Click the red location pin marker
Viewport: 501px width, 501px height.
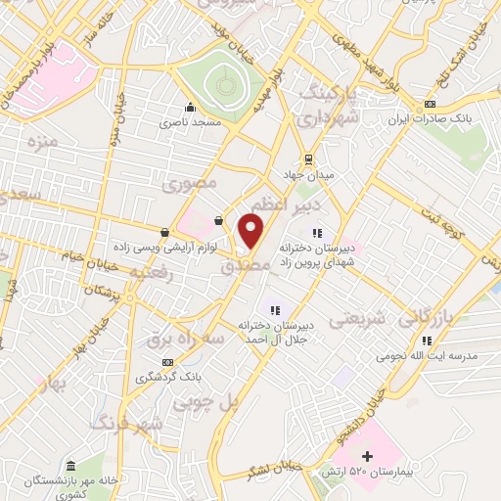pyautogui.click(x=251, y=231)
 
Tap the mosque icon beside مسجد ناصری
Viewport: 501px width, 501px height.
pyautogui.click(x=189, y=109)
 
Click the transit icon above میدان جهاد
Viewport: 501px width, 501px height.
pyautogui.click(x=309, y=159)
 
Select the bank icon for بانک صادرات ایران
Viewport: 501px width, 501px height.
pyautogui.click(x=429, y=106)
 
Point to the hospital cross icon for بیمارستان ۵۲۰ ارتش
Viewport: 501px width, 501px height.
pyautogui.click(x=368, y=456)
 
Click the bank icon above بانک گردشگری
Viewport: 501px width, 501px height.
pyautogui.click(x=167, y=361)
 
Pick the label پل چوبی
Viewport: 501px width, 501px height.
pyautogui.click(x=205, y=400)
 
